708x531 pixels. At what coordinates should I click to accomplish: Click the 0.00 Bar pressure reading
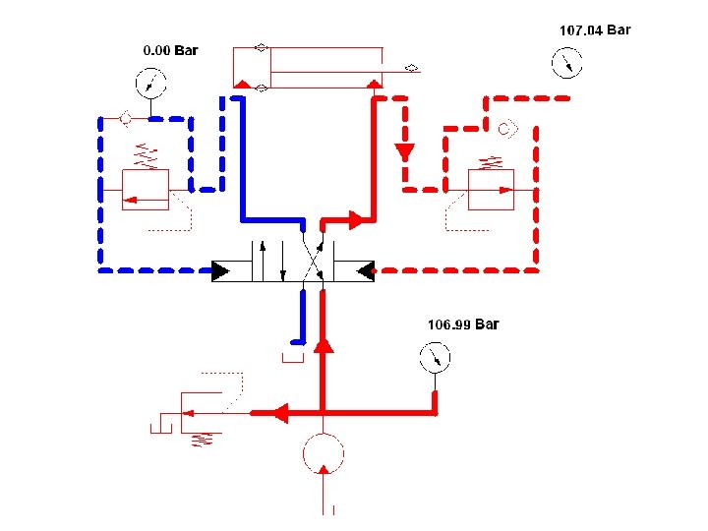pos(170,50)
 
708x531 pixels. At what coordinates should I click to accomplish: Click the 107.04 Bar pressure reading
pos(594,30)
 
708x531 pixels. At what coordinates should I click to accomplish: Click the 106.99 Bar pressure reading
pos(462,324)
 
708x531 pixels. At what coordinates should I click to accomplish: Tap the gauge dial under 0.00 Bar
pos(149,82)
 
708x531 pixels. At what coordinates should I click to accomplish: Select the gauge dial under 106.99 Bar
pos(433,357)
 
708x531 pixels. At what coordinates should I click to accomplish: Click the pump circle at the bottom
pos(324,453)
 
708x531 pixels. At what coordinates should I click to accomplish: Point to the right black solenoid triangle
pos(362,269)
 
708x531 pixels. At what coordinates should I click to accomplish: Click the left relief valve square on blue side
pos(145,190)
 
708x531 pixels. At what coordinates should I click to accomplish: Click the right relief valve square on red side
pos(491,189)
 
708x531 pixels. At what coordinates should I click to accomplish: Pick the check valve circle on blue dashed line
pos(125,119)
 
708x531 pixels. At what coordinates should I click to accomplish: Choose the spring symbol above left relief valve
pos(145,154)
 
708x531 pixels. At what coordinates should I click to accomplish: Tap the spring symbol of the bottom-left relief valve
pos(204,437)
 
